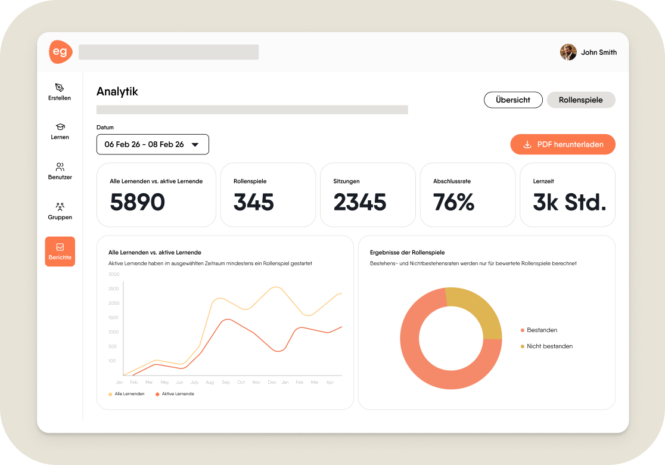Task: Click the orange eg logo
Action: click(61, 52)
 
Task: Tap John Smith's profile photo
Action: click(568, 52)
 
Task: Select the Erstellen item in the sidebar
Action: click(60, 92)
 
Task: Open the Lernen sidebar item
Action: click(60, 132)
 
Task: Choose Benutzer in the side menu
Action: click(60, 171)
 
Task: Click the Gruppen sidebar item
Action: click(60, 211)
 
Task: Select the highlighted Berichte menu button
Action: click(60, 252)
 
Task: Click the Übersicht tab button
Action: click(513, 100)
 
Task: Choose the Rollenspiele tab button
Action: click(581, 100)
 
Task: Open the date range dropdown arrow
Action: click(195, 145)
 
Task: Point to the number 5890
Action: click(138, 202)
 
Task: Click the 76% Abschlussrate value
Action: click(453, 202)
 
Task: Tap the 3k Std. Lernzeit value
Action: click(570, 202)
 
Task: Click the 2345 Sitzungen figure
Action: click(360, 202)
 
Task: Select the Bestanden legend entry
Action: click(539, 330)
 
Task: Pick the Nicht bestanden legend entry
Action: click(546, 346)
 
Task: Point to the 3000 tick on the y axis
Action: click(114, 274)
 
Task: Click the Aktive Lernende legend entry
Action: click(175, 394)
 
